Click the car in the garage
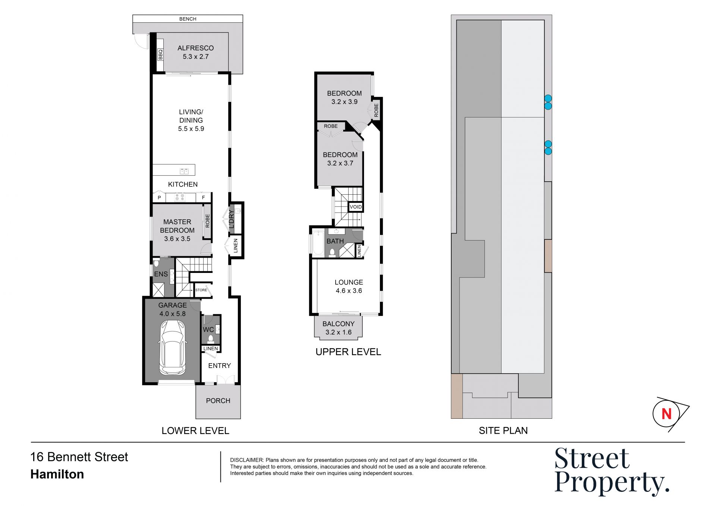[172, 347]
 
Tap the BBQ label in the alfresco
[161, 55]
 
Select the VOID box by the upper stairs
[355, 207]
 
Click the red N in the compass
[666, 414]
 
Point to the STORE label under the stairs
[201, 290]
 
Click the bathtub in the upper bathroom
[318, 243]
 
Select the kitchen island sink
[184, 172]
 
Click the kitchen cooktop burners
[180, 197]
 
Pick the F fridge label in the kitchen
[203, 198]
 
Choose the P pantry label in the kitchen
[159, 198]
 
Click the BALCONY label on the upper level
[339, 324]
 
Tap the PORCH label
[218, 400]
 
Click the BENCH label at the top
[188, 19]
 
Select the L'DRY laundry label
[231, 219]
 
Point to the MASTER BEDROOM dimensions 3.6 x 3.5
[177, 239]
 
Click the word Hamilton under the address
[57, 474]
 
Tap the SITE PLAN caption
[503, 431]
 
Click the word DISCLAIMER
[247, 460]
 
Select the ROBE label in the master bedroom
[208, 221]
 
